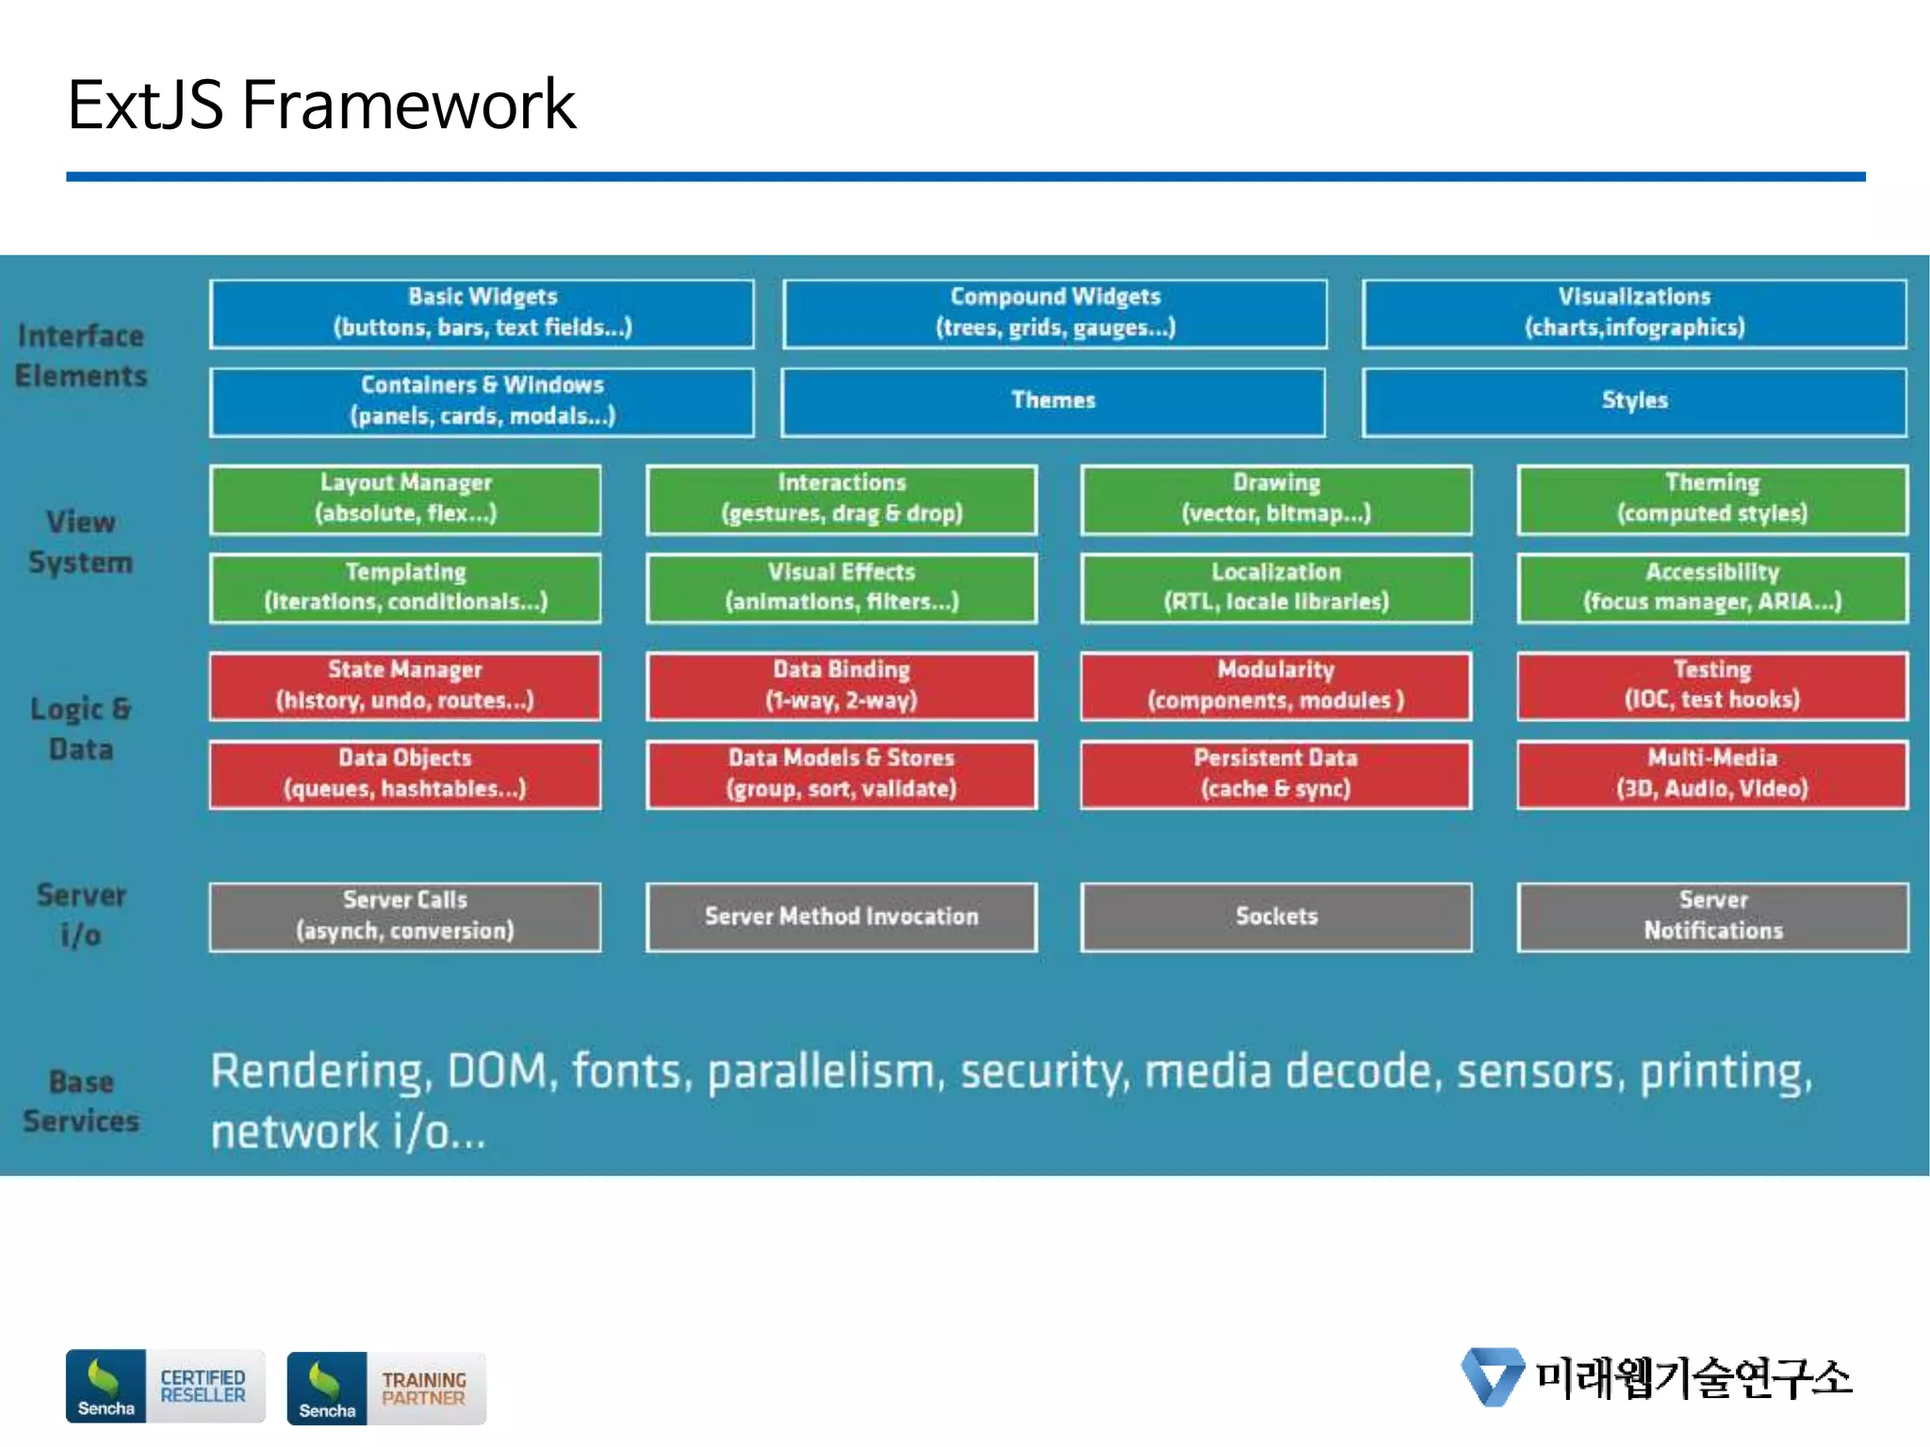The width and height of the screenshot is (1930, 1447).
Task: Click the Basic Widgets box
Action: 482,313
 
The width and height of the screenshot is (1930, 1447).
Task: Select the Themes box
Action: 1053,401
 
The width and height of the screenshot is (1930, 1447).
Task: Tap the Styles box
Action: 1634,401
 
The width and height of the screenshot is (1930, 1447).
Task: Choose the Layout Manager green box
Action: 405,498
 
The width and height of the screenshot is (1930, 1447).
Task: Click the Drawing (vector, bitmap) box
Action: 1276,498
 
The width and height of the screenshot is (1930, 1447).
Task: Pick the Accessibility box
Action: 1711,588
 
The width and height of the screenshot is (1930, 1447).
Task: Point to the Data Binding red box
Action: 841,685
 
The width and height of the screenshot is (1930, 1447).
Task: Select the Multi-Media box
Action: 1711,773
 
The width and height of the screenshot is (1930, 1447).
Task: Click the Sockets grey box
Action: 1276,916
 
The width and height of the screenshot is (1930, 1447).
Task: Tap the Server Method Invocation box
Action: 841,916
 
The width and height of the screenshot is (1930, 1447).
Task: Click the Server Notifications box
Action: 1711,916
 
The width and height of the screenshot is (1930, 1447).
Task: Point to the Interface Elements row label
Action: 81,356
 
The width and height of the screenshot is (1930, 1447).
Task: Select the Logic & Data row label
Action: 81,728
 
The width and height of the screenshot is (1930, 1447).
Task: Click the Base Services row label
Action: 81,1100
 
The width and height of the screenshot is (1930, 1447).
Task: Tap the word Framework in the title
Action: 407,106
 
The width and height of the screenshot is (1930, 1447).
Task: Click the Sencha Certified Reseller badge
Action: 165,1386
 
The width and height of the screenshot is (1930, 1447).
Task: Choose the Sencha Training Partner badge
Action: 386,1388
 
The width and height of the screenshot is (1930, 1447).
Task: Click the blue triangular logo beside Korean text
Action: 1492,1376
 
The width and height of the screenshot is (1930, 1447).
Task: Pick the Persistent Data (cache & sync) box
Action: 1276,773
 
